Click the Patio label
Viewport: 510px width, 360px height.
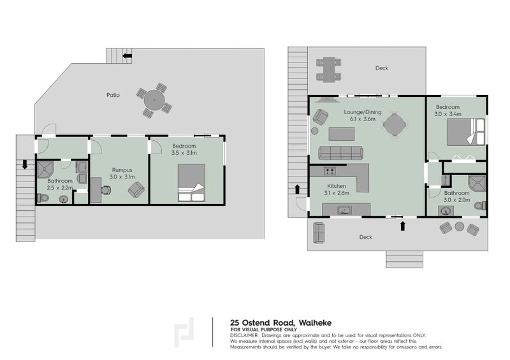click(x=113, y=95)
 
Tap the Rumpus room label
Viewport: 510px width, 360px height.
click(x=122, y=169)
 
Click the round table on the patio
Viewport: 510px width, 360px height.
click(x=154, y=100)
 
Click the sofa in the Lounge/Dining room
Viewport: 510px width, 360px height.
click(x=340, y=153)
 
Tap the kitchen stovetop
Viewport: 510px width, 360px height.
click(x=330, y=171)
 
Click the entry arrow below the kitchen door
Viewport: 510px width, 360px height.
click(x=402, y=225)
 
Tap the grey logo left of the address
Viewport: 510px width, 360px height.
click(x=185, y=333)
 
